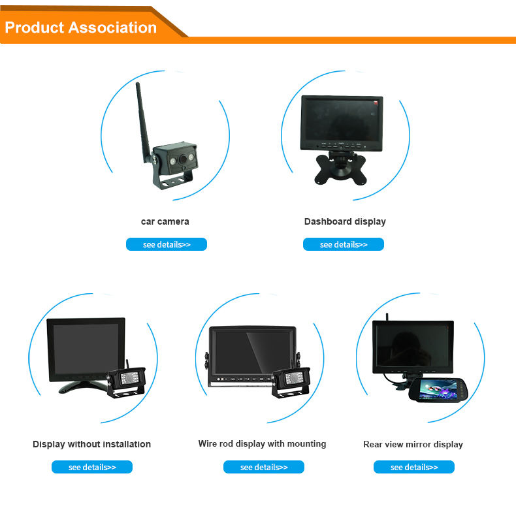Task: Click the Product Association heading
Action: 81,27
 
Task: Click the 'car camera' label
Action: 165,221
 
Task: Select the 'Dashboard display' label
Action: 345,221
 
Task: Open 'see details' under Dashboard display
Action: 344,245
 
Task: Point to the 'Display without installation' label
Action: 91,444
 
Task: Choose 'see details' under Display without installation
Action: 92,468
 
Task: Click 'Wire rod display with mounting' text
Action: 262,443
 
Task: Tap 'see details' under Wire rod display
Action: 264,468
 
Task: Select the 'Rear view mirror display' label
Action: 413,444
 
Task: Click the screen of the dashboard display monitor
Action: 342,118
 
